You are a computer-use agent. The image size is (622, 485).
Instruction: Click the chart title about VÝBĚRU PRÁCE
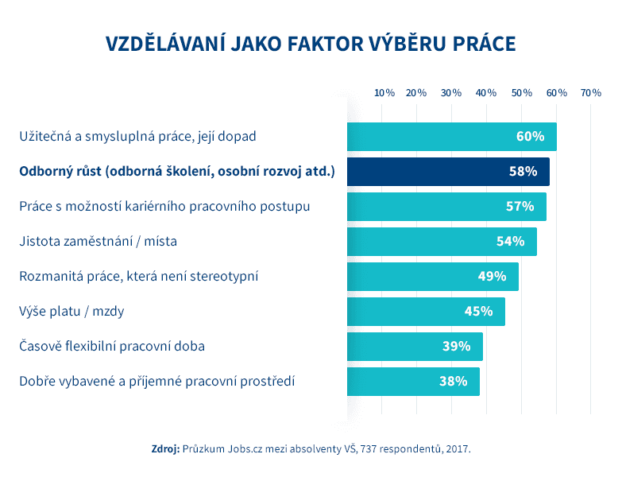[x=311, y=44]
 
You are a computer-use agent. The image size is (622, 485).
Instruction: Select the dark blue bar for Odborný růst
[x=447, y=172]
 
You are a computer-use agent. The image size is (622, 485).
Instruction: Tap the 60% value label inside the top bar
[x=530, y=137]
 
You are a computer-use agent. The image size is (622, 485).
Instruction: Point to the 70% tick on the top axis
[x=590, y=93]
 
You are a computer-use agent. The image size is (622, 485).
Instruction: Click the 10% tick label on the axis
[x=384, y=93]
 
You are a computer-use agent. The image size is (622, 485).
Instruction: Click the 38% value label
[x=453, y=382]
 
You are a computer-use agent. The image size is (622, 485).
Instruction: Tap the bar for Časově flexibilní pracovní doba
[x=414, y=347]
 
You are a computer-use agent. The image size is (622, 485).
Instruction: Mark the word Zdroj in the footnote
[x=165, y=449]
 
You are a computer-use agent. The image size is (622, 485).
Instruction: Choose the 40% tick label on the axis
[x=486, y=93]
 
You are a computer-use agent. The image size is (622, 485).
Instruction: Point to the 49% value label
[x=492, y=277]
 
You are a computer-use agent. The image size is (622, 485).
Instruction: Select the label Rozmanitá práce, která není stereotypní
[x=138, y=277]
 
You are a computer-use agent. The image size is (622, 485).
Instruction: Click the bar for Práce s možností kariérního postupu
[x=446, y=207]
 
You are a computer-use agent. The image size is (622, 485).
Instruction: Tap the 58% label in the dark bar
[x=523, y=172]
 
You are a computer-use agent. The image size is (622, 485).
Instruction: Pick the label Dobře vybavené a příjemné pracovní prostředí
[x=156, y=382]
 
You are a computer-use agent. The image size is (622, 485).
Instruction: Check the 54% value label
[x=510, y=242]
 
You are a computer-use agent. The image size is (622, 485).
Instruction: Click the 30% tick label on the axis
[x=451, y=93]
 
